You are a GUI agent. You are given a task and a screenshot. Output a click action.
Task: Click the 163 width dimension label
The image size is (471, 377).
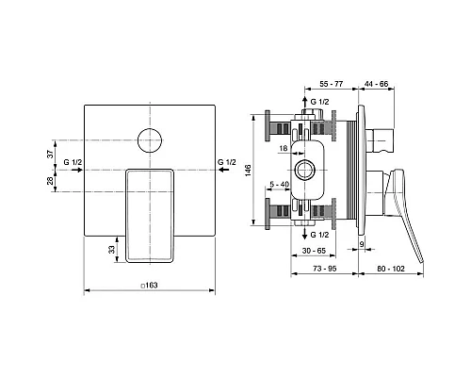tap(149, 286)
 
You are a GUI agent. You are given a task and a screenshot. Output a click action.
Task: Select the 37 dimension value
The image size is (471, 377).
tap(50, 154)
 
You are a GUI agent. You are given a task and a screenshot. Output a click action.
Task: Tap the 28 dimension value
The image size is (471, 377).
tap(50, 181)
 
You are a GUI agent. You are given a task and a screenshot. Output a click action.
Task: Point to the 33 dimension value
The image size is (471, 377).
tap(112, 250)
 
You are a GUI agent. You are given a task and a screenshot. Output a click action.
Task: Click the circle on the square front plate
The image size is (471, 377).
tap(150, 140)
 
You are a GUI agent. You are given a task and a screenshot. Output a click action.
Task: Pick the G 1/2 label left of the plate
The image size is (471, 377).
tap(73, 162)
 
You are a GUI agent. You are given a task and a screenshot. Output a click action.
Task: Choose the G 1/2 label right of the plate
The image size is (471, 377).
tap(227, 162)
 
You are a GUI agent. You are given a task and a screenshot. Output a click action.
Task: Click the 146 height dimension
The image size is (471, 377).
tap(249, 171)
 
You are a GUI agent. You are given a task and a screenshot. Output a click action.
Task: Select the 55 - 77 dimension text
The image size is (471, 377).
tap(332, 84)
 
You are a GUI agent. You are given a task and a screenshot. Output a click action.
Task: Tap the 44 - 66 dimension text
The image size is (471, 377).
tap(376, 84)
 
